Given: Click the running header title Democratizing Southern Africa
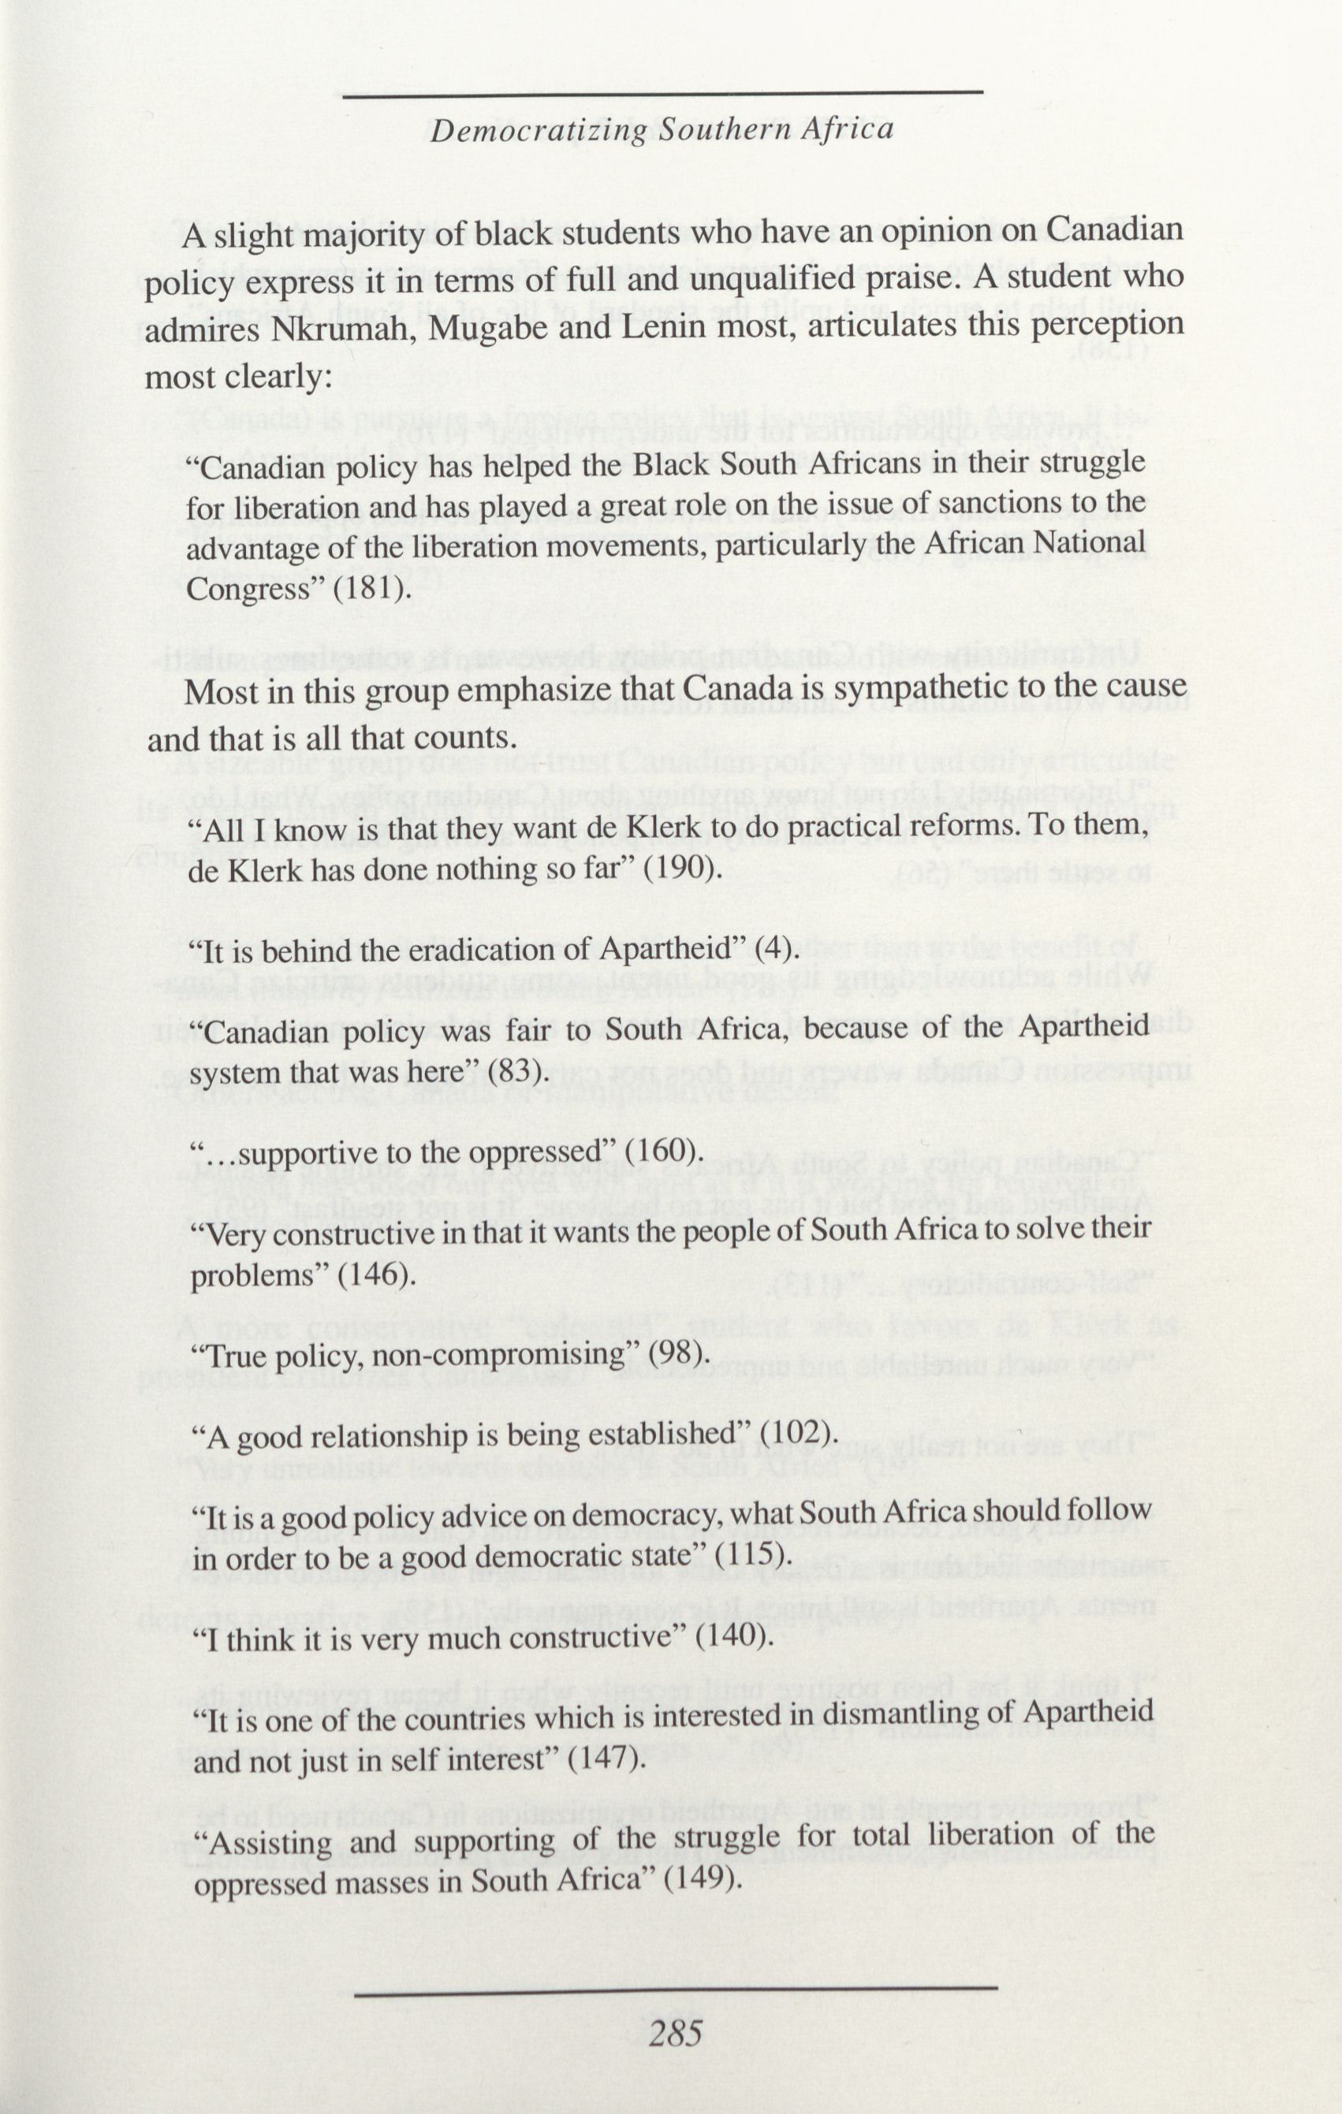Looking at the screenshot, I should [x=663, y=130].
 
